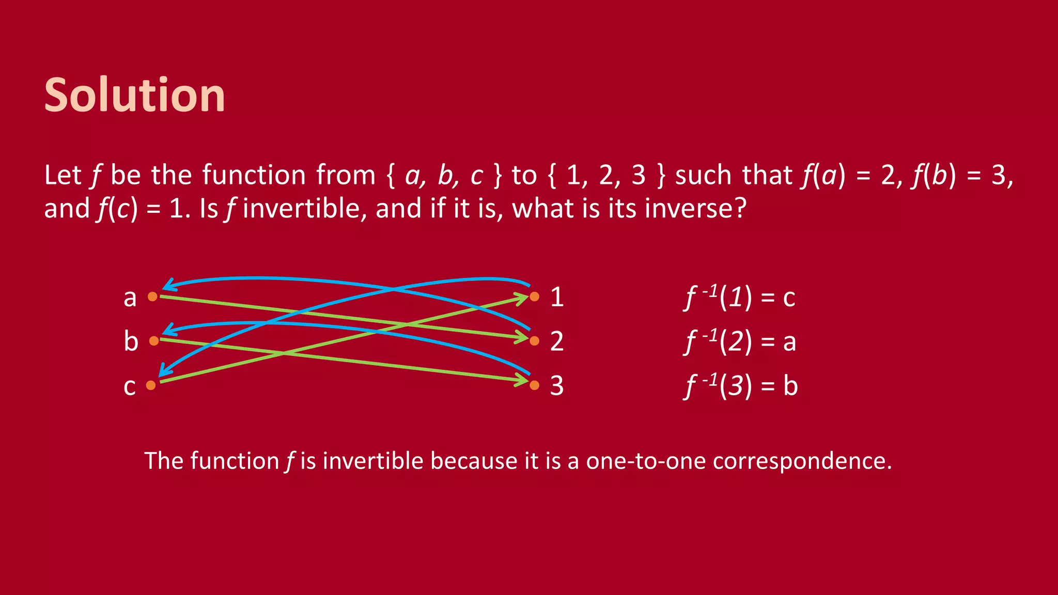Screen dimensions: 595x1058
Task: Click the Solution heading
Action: [x=134, y=95]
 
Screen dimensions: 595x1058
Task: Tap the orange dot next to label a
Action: [x=152, y=296]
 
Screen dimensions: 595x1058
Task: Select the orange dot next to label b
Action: [x=154, y=341]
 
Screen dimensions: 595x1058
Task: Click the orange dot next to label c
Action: [x=151, y=385]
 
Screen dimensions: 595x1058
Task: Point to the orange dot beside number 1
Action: [x=535, y=296]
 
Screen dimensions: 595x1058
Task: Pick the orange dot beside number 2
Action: [x=535, y=341]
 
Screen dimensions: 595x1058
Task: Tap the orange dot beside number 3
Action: [x=535, y=385]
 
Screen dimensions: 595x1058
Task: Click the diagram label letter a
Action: [x=130, y=298]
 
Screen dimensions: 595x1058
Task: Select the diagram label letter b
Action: [x=131, y=341]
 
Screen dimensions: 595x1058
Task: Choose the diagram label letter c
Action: [x=130, y=387]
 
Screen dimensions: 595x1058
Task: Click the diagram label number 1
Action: [x=557, y=297]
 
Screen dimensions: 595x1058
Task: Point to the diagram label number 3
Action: [x=557, y=386]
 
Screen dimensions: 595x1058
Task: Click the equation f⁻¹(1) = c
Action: [x=740, y=297]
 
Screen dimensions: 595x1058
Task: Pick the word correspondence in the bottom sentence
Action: [x=802, y=461]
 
